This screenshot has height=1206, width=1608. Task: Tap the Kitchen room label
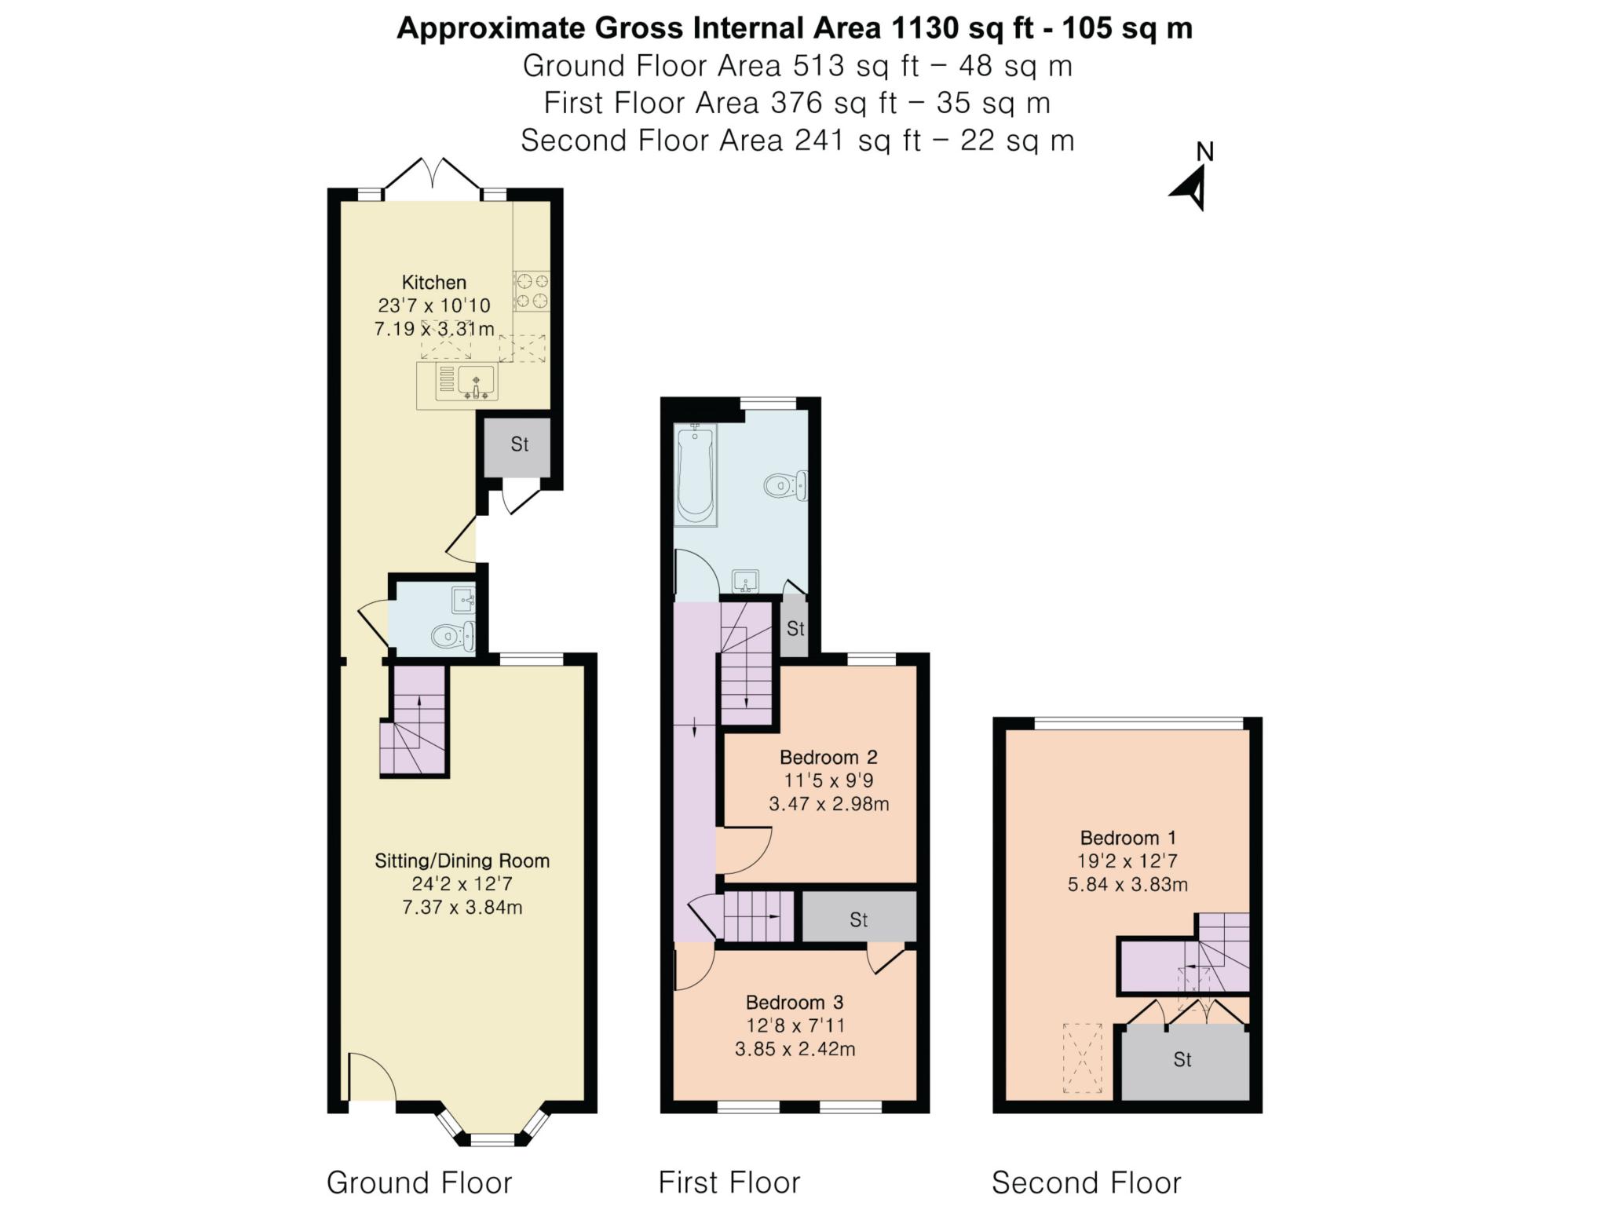click(x=434, y=282)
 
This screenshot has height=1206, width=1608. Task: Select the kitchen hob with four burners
click(x=532, y=291)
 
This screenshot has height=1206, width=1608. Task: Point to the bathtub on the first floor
click(x=696, y=474)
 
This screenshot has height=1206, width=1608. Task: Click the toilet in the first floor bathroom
click(x=786, y=486)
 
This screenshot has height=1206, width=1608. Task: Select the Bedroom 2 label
click(x=828, y=757)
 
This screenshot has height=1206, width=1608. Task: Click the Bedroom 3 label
click(x=795, y=1002)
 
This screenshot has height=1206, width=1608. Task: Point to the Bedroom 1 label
click(x=1127, y=838)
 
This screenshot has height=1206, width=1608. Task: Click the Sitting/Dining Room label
click(x=462, y=861)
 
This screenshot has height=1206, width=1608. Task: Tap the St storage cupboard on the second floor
click(x=1182, y=1060)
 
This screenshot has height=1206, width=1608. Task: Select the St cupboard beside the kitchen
click(x=519, y=444)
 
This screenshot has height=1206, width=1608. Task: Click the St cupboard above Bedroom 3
click(x=858, y=919)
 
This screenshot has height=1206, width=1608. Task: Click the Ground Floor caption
click(x=419, y=1182)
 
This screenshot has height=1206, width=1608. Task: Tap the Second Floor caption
click(x=1086, y=1182)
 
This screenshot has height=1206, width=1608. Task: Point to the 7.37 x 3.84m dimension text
click(x=462, y=908)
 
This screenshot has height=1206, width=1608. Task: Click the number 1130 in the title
click(x=924, y=28)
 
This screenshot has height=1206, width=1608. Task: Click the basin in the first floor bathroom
click(x=746, y=582)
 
